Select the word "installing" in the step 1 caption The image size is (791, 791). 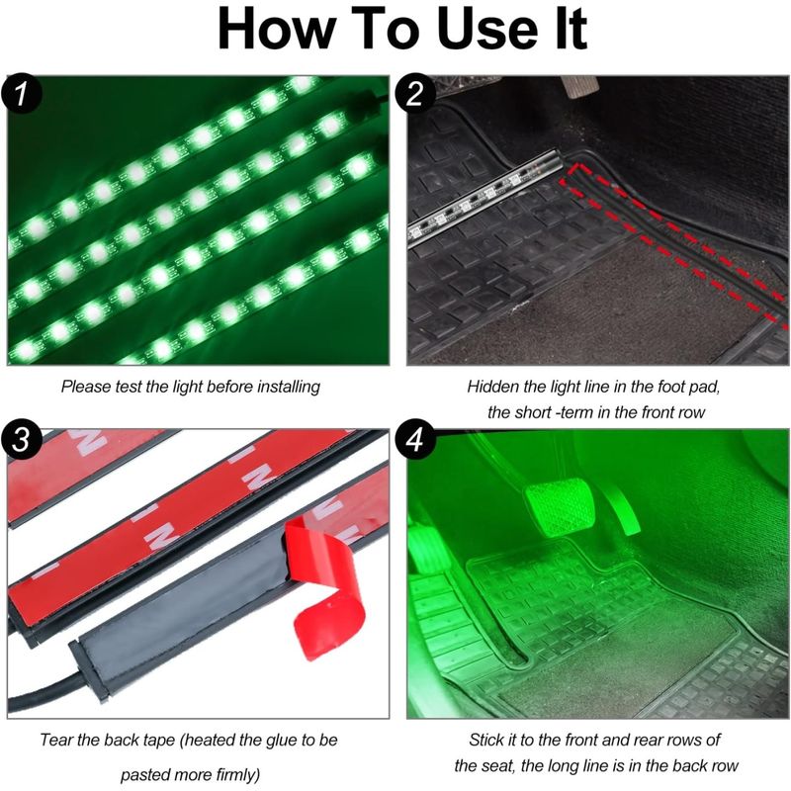point(282,387)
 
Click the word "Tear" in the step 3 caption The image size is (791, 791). point(58,739)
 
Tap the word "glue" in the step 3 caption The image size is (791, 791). point(270,739)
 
